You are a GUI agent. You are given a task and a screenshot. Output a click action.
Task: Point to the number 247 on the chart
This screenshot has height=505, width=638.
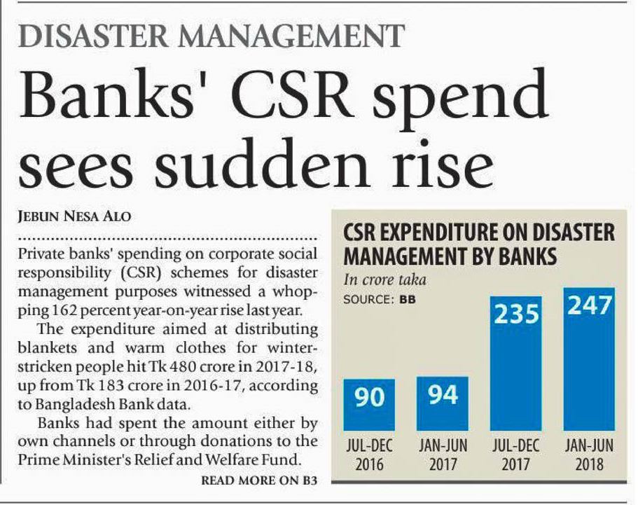coord(590,307)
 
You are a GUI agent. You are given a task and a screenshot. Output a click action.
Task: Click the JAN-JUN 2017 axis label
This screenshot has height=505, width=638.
coord(443,455)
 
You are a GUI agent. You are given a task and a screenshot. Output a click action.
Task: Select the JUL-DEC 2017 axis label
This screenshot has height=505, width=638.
coord(516,455)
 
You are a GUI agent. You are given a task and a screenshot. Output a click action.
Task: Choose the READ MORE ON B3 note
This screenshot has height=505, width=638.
coord(259,480)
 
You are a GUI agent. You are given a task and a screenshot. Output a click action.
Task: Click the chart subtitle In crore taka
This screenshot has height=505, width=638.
coord(384,279)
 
